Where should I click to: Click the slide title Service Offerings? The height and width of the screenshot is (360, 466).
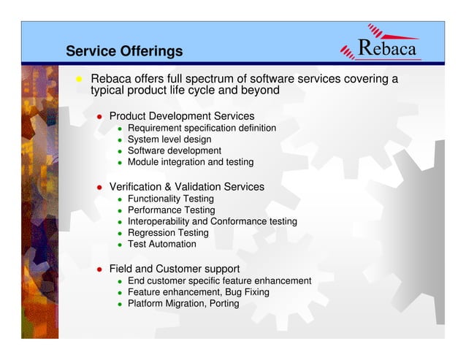124,52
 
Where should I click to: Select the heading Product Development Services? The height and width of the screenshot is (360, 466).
181,116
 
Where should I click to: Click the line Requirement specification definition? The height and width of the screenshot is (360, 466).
202,129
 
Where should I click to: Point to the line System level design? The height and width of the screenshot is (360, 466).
169,139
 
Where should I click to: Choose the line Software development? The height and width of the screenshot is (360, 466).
174,151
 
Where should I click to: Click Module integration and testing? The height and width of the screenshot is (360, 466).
191,162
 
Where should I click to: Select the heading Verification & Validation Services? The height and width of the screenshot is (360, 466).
186,187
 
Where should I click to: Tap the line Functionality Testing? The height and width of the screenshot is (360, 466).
171,199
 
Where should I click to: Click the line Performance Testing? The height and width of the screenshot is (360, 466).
171,210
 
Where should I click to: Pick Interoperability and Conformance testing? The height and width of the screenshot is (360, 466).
212,221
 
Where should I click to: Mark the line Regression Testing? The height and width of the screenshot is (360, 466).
168,233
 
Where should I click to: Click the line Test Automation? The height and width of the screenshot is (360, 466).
162,244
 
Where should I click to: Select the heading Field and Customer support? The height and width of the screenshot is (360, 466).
175,269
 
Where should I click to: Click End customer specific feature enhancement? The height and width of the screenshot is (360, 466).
219,281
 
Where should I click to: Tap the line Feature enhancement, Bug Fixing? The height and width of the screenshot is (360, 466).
198,292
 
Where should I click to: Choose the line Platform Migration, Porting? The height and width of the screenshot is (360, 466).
183,304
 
